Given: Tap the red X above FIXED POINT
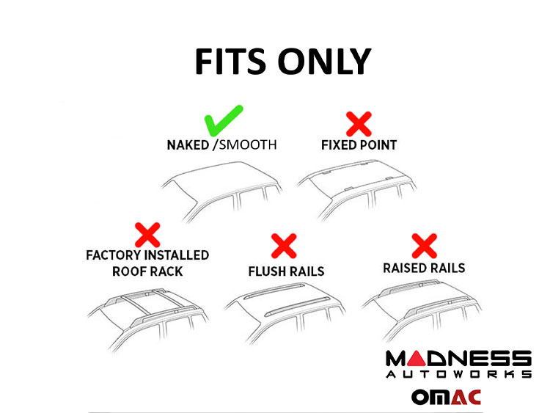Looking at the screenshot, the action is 359,124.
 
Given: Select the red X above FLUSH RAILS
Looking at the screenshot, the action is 284,246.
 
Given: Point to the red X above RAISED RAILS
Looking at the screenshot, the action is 424,246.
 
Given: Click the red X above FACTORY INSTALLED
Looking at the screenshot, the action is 147,235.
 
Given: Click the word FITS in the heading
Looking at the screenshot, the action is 230,62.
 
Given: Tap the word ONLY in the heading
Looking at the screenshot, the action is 324,62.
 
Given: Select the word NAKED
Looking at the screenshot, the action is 188,145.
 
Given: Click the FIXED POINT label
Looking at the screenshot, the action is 359,145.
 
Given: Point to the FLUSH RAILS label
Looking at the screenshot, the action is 286,271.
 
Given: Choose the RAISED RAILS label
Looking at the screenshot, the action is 424,268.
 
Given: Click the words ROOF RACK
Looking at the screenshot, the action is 147,271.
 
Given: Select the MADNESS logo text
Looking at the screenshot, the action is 459,359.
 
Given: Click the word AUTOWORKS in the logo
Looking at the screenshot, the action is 459,374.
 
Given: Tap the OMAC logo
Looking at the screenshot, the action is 446,397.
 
